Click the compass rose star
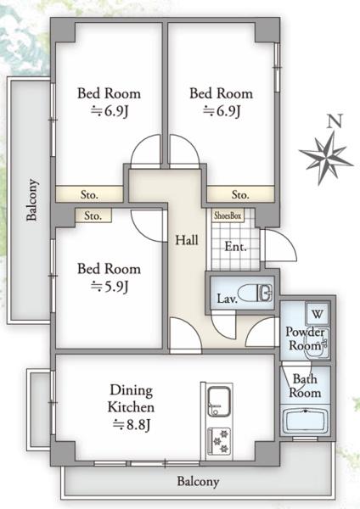[x=326, y=158]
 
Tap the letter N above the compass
[x=335, y=120]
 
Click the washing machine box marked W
[x=318, y=314]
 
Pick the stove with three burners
[x=219, y=441]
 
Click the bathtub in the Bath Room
[x=305, y=422]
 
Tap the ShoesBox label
[x=228, y=215]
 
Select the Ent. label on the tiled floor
[x=235, y=247]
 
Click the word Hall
[x=187, y=240]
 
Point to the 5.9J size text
[x=110, y=287]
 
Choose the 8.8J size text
[x=132, y=425]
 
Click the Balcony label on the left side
[x=32, y=199]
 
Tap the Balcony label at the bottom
[x=198, y=481]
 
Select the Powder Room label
[x=305, y=338]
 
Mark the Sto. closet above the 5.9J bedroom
[x=93, y=215]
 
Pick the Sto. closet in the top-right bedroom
[x=240, y=194]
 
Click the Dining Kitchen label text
[x=131, y=399]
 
